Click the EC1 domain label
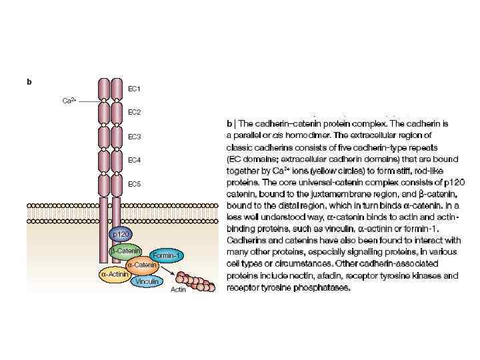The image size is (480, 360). click(x=134, y=88)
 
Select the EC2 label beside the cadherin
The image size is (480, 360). click(x=134, y=112)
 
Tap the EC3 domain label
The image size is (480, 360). click(x=134, y=137)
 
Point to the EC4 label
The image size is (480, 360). click(x=134, y=160)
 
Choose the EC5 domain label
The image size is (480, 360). click(x=134, y=183)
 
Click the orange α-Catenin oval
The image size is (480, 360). click(x=141, y=265)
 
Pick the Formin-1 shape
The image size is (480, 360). click(x=167, y=255)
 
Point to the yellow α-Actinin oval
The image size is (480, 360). click(x=114, y=274)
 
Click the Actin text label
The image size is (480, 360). click(x=178, y=290)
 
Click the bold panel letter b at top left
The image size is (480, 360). click(x=29, y=82)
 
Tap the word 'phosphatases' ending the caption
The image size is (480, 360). click(x=326, y=288)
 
